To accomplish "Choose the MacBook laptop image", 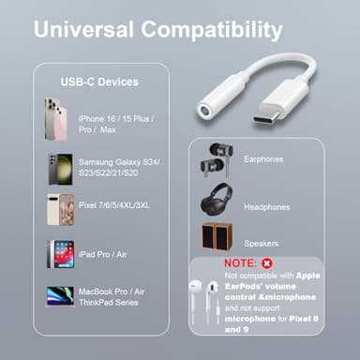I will click(60, 294).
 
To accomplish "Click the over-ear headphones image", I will click(215, 202).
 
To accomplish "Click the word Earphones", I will click(263, 159).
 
